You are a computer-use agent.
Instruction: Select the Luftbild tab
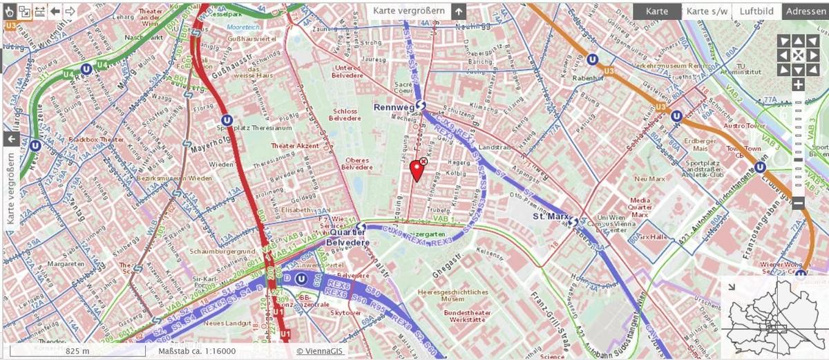(756, 11)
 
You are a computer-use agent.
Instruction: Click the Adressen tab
(806, 11)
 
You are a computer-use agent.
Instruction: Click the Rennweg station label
(394, 107)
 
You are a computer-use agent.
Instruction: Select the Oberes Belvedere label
(357, 164)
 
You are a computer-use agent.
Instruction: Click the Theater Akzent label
(295, 146)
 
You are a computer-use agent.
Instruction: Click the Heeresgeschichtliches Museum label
(452, 296)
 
